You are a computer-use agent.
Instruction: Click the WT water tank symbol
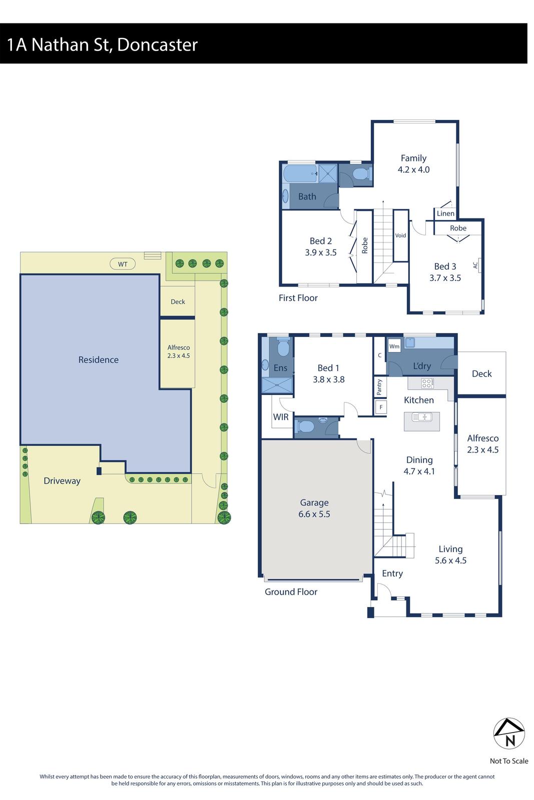(123, 264)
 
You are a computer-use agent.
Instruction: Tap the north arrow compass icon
(509, 734)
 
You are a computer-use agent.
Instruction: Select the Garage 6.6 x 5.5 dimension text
(314, 514)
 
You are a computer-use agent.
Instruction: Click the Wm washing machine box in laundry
(394, 346)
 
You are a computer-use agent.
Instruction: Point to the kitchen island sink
(422, 416)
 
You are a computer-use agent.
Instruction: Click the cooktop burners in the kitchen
(427, 383)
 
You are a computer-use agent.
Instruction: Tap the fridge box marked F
(381, 407)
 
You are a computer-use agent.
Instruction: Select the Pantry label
(379, 386)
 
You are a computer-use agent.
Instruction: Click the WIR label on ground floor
(281, 417)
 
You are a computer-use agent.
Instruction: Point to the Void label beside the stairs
(400, 235)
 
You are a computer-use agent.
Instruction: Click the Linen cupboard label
(445, 213)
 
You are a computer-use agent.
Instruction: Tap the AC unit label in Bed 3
(475, 264)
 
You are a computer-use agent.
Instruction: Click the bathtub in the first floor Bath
(300, 174)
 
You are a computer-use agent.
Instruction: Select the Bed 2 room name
(321, 241)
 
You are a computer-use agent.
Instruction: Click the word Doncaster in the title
(158, 44)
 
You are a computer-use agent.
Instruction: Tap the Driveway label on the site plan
(62, 481)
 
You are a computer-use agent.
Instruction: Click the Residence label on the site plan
(99, 360)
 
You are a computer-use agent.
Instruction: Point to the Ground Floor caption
(291, 592)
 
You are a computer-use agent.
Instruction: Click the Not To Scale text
(509, 761)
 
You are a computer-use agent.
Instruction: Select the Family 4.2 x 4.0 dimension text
(413, 169)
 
